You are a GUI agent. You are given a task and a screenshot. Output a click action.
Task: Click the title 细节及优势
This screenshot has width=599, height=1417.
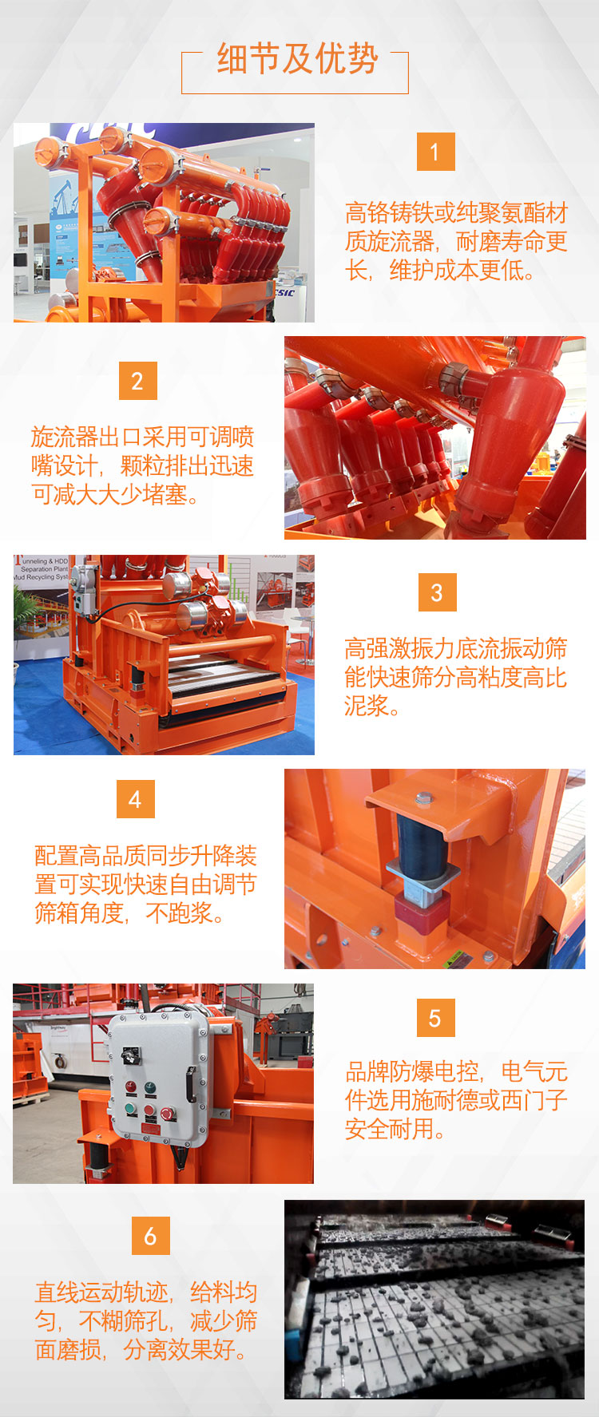point(297,59)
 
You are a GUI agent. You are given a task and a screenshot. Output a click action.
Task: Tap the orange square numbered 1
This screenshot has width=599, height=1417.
point(436,152)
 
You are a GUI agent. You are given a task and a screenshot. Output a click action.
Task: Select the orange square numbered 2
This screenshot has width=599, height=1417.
point(138,381)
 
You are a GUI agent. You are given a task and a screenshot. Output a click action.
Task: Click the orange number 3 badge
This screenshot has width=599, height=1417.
point(437,592)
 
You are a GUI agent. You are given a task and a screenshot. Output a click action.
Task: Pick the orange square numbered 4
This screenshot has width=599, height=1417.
point(136,799)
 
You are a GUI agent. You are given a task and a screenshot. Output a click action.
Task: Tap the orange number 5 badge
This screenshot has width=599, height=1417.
point(436,1018)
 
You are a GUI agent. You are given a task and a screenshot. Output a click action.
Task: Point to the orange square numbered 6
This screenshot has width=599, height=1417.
point(151,1236)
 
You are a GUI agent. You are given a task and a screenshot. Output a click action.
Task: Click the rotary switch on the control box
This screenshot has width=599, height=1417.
point(129,1055)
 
